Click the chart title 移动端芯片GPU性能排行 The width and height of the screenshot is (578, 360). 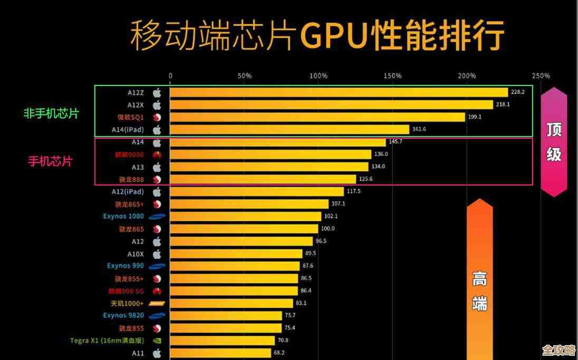(317, 35)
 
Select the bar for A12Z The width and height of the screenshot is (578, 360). (338, 92)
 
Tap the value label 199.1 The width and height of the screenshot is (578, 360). (475, 117)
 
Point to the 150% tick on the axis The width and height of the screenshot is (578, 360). (392, 76)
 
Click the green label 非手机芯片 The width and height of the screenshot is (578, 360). (51, 113)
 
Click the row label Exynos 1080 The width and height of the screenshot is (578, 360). (123, 216)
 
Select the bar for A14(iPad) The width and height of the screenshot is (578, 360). (289, 130)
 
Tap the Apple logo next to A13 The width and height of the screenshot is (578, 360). (157, 167)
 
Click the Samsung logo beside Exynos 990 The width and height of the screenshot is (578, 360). (157, 266)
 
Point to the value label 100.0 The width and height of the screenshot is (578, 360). (327, 229)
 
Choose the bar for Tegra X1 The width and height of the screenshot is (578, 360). (222, 340)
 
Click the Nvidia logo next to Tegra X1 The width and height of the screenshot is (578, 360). (157, 340)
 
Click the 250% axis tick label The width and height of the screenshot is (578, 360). (541, 76)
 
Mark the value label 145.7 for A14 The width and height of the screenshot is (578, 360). (395, 142)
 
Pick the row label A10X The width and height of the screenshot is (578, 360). (135, 254)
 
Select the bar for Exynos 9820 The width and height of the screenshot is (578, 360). (226, 316)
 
